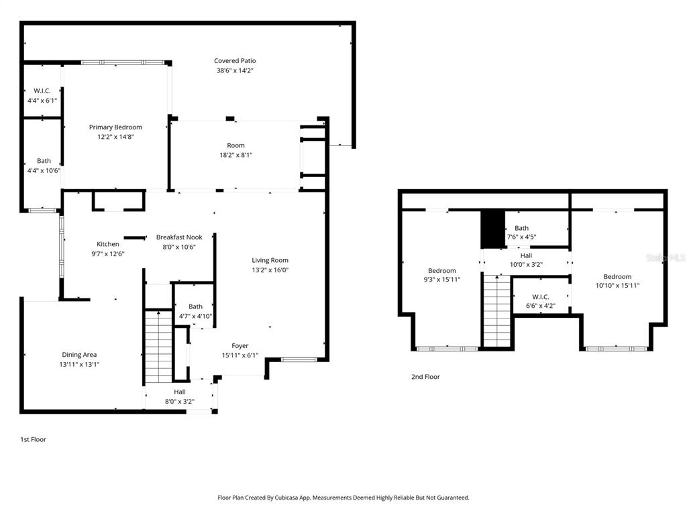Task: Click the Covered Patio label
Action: pos(235,61)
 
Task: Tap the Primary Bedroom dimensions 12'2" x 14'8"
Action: pos(115,137)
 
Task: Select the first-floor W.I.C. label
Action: pos(42,91)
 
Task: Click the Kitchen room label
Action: pos(108,244)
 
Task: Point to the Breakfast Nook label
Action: pos(179,237)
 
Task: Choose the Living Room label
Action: pos(270,260)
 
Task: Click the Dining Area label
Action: pos(80,355)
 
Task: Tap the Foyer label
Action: pos(240,346)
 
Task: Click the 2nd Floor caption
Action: pos(425,377)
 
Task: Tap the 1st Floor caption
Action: pos(33,440)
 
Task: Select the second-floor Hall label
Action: pos(527,255)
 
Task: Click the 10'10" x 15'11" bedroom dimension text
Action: pos(617,286)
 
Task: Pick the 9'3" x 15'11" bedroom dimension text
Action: pos(442,280)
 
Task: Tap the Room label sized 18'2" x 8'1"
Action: pos(235,146)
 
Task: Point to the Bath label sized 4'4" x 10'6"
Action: pos(44,161)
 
